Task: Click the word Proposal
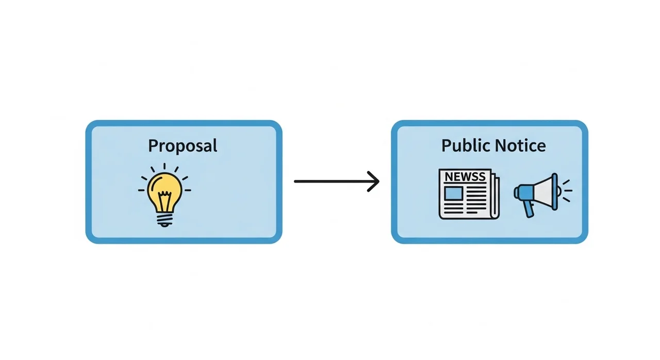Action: [x=183, y=145]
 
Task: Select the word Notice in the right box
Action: [x=520, y=145]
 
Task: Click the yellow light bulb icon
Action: [x=164, y=195]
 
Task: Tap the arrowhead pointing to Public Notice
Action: [x=373, y=181]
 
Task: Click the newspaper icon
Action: [x=469, y=194]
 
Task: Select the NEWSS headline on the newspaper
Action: [x=465, y=177]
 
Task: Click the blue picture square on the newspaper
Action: [x=453, y=193]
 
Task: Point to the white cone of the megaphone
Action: [x=543, y=192]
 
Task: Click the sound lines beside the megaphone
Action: [x=567, y=191]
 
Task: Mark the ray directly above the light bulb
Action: [x=164, y=167]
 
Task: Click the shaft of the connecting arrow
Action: [x=335, y=181]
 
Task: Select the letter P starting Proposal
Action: [x=153, y=145]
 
